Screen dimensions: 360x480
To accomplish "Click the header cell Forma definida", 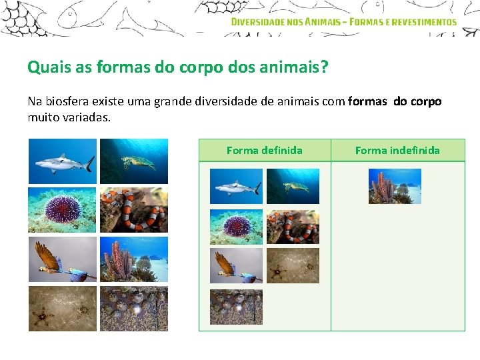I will (x=264, y=150).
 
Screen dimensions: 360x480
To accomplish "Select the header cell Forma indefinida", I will (x=397, y=150).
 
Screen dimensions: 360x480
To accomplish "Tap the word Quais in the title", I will (x=44, y=67).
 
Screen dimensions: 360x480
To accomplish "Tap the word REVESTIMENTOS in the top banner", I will (x=425, y=21).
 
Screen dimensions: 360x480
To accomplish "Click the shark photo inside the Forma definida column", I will (x=237, y=186).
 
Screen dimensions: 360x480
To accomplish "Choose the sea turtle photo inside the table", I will (x=293, y=186).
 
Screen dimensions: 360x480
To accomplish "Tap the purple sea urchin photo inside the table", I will (x=237, y=227).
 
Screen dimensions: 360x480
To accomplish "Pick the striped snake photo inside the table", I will (x=293, y=227).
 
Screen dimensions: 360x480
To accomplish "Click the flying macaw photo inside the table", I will (x=237, y=266).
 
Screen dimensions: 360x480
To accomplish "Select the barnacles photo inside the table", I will (x=237, y=307).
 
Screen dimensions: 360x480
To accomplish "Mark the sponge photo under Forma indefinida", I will (x=395, y=186).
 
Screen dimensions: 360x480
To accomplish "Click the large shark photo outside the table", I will (x=63, y=161).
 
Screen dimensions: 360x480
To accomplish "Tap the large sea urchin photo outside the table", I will (x=63, y=210).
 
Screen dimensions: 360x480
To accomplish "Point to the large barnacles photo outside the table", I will (x=134, y=309).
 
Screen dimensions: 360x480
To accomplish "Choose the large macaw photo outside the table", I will (x=63, y=259).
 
